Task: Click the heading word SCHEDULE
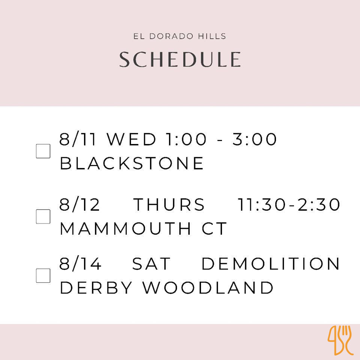tap(180, 59)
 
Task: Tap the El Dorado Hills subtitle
tap(180, 36)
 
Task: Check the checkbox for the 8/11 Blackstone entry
tap(43, 151)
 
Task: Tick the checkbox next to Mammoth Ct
tap(43, 216)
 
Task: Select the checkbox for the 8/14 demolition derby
tap(43, 276)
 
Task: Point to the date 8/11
tap(77, 139)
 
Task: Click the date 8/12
tap(79, 204)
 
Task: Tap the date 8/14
tap(80, 264)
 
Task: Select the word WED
tap(131, 139)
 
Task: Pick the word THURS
tap(169, 204)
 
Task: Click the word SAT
tap(151, 264)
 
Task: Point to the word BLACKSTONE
tap(132, 163)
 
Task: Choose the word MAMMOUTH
tap(125, 228)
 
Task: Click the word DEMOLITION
tap(270, 264)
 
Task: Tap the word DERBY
tap(96, 288)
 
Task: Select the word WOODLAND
tap(208, 288)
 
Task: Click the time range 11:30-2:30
tap(288, 204)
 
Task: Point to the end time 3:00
tap(254, 139)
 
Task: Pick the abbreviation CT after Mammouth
tap(214, 228)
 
